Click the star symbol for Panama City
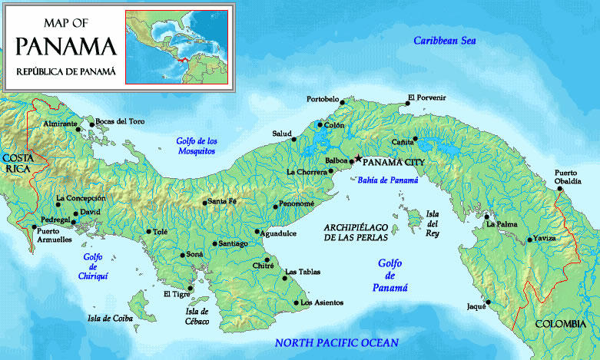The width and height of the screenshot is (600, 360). tap(357, 159)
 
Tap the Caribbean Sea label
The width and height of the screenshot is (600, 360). tap(446, 41)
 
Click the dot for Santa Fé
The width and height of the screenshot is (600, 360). tap(204, 203)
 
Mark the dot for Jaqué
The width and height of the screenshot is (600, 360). tap(487, 302)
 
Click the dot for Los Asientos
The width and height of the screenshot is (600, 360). tap(297, 302)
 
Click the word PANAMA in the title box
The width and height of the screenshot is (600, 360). tap(66, 46)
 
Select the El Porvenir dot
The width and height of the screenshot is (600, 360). tap(408, 104)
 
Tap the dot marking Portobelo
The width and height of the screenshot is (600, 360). tap(343, 102)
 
